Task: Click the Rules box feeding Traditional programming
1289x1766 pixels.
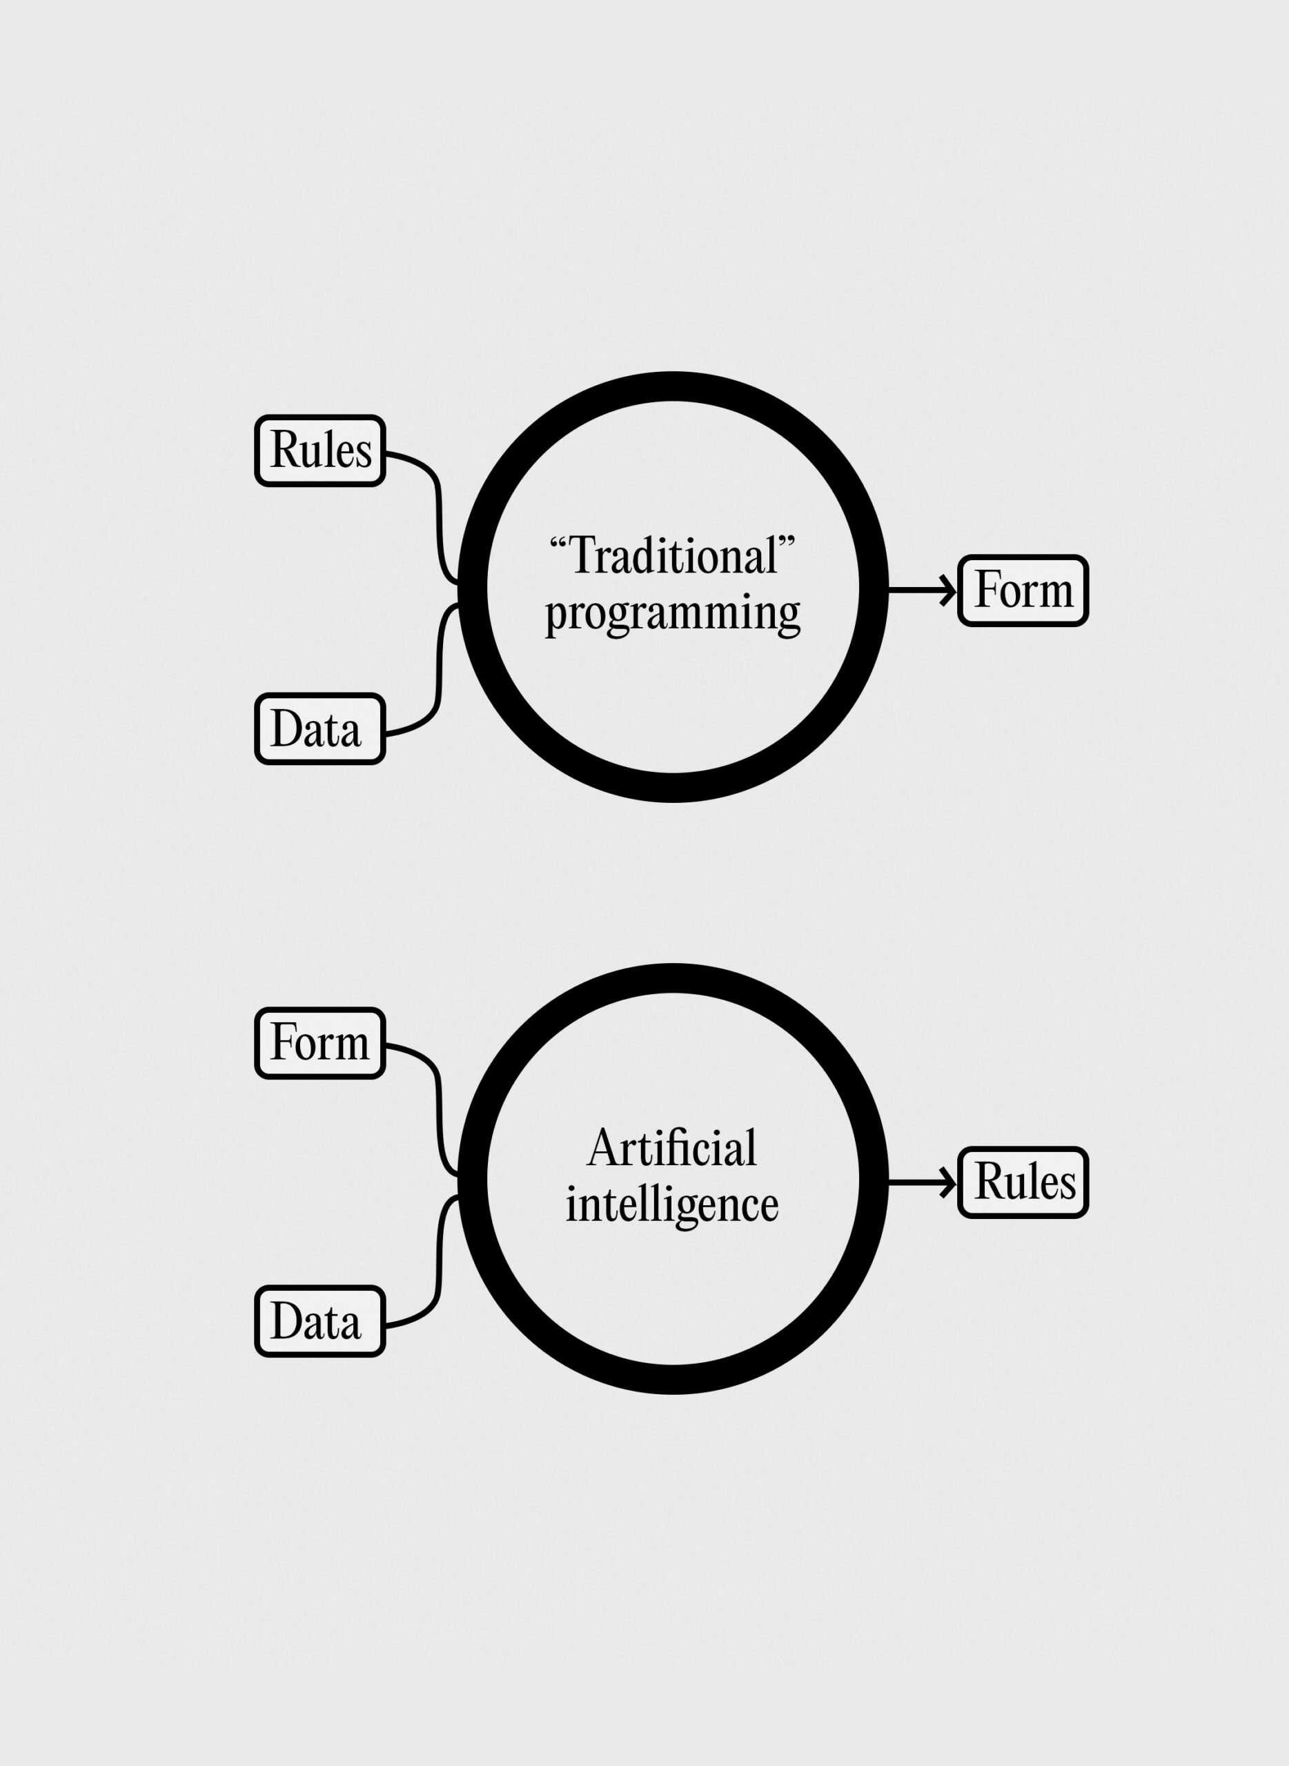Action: (x=320, y=451)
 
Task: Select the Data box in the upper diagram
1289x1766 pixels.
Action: (x=320, y=728)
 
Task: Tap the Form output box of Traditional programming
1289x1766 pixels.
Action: (x=1023, y=591)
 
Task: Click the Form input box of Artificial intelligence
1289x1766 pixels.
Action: (x=320, y=1043)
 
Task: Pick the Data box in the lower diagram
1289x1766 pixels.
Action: (x=320, y=1321)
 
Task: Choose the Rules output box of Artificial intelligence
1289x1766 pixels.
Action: (x=1023, y=1182)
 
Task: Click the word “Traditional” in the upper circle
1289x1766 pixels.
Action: (x=672, y=555)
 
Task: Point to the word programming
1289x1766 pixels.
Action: (x=673, y=615)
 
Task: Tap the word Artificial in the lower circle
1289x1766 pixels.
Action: (x=672, y=1147)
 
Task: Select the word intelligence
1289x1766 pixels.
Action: (x=672, y=1206)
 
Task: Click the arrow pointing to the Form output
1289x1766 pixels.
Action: (x=923, y=591)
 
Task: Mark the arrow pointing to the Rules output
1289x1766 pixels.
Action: (x=923, y=1182)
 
